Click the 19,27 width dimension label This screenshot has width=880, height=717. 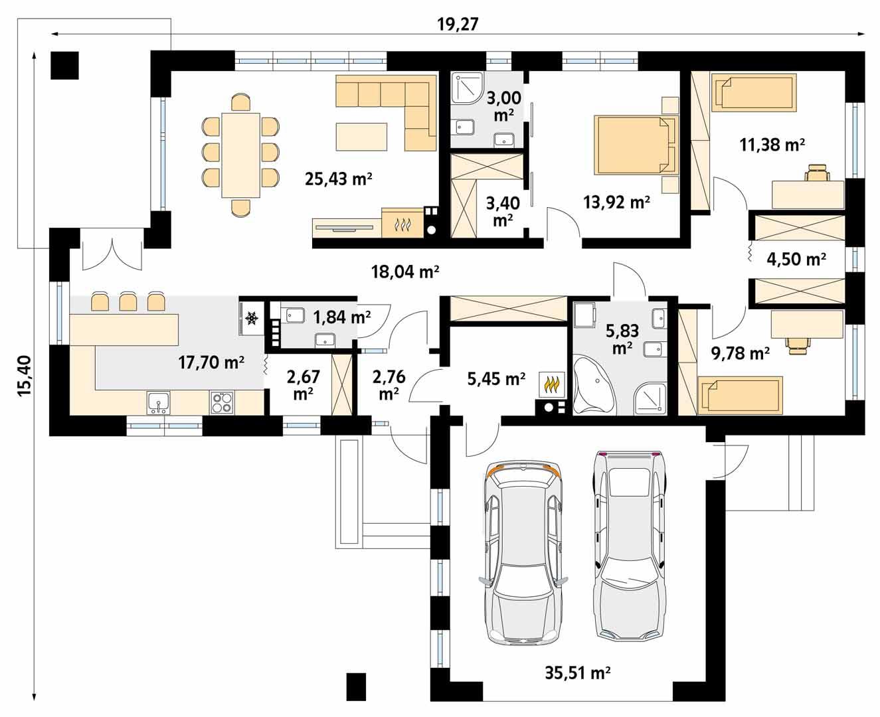pos(458,24)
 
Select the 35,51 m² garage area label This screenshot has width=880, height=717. pos(577,673)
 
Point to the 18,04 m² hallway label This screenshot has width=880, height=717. pos(405,271)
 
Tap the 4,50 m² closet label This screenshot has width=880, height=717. pos(796,259)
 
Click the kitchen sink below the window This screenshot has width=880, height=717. pos(159,402)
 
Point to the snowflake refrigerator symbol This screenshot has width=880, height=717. pos(252,319)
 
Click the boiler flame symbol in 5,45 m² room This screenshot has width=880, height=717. pos(551,384)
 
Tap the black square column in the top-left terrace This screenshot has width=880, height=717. pos(65,65)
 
